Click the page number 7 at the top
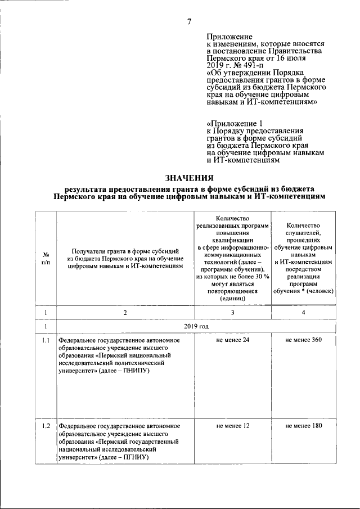click(189, 22)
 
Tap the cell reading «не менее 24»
click(232, 340)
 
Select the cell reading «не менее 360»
click(303, 340)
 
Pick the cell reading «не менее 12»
click(232, 426)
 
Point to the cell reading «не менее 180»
click(303, 426)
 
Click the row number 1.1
click(46, 340)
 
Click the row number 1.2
click(46, 426)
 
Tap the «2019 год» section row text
click(196, 326)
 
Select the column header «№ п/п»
click(46, 259)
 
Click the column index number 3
click(232, 312)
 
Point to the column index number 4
click(303, 312)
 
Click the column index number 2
click(125, 312)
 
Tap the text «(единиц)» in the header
click(232, 299)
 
